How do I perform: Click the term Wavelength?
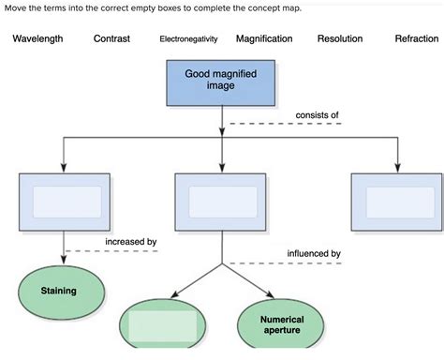[37, 39]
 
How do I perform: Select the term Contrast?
[111, 39]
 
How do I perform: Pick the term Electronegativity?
[188, 40]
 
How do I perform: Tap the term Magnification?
[264, 39]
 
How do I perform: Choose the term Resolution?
[341, 39]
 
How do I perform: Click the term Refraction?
[416, 39]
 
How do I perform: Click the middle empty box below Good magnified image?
[221, 202]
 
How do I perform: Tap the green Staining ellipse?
[58, 291]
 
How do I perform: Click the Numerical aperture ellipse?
[282, 324]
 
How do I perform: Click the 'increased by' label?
[130, 242]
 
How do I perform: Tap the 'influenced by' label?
[313, 253]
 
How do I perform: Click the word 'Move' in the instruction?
[16, 8]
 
